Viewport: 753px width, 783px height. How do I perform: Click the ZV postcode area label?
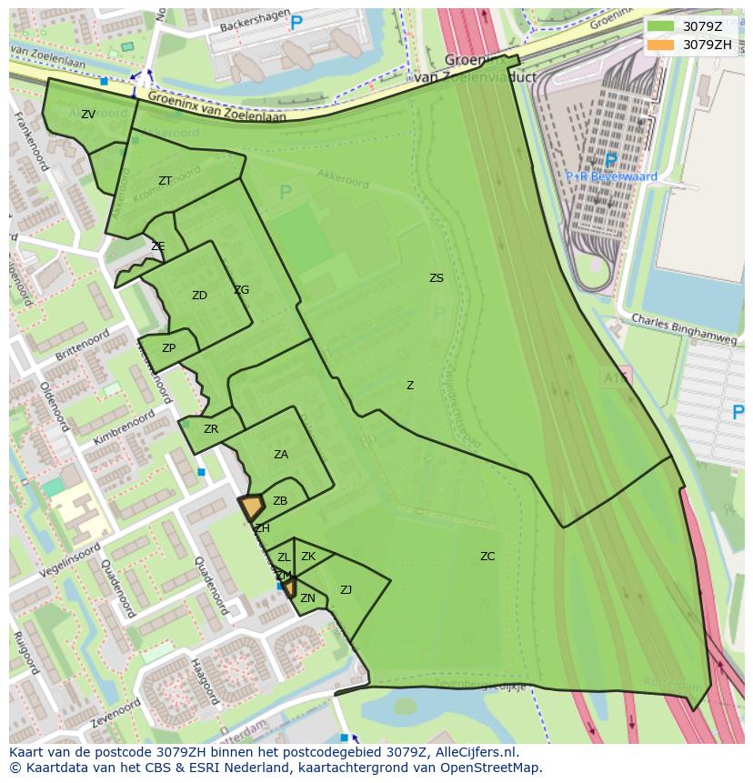coord(88,115)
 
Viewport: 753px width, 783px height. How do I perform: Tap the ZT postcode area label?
coord(165,181)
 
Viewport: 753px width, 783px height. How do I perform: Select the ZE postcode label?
coord(158,246)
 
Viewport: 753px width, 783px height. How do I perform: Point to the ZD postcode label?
coord(199,296)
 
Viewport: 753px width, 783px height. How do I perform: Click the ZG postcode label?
coord(241,290)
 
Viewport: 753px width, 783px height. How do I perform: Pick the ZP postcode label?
coord(169,348)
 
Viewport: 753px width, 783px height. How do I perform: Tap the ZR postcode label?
coord(211,429)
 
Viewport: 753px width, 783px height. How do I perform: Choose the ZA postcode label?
coord(281,455)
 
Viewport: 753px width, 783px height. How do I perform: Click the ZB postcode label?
coord(280,501)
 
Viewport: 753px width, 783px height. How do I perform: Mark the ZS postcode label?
coord(437,278)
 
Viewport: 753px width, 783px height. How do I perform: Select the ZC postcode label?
coord(487,557)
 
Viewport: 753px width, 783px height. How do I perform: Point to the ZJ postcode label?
coord(346,590)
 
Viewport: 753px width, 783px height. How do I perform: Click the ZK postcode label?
coord(308,557)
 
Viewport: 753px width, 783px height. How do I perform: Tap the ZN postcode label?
coord(307,598)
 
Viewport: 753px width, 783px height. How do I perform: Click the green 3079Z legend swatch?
coord(661,26)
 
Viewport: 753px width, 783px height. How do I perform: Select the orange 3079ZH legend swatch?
coord(661,45)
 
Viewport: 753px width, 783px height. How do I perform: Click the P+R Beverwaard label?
coord(611,176)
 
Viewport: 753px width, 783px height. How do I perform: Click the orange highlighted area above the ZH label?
coord(251,506)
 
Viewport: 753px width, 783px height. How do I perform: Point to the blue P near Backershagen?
coord(296,25)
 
